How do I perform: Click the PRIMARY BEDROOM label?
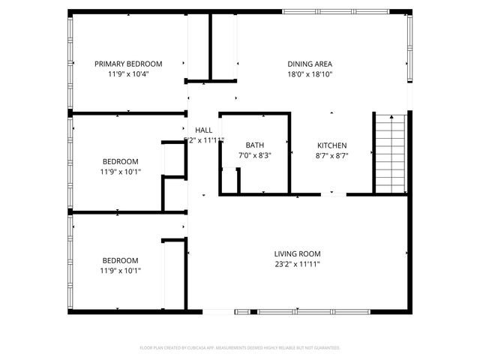point(128,64)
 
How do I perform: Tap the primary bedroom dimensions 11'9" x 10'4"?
point(128,74)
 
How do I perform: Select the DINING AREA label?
point(310,64)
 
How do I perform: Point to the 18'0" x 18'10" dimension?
point(310,74)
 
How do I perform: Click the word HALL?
point(203,130)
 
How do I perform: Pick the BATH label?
point(254,145)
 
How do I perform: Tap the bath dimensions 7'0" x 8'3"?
point(254,155)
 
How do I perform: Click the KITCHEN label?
point(331,145)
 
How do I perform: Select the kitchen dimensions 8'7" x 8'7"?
point(331,155)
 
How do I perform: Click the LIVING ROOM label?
point(297,253)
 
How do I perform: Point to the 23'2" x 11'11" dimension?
point(297,264)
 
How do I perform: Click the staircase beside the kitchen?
point(389,154)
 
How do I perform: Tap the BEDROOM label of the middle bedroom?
point(120,161)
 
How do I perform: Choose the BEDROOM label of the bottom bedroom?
point(120,260)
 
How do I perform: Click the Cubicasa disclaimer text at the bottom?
point(240,348)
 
